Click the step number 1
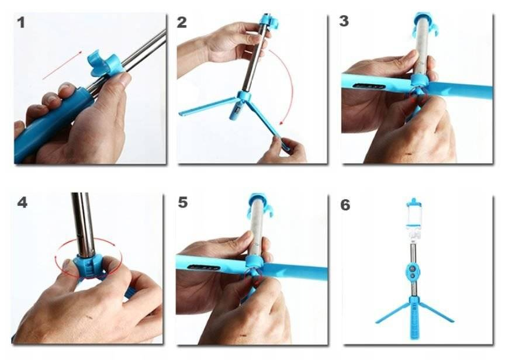coord(21,23)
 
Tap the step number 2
coord(182,23)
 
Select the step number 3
coord(344,21)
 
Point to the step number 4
coord(22,203)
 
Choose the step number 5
coord(183,202)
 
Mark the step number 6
coord(345,205)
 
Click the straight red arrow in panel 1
coord(62,65)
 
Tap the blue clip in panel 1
coord(106,63)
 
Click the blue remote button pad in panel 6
coord(413,272)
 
